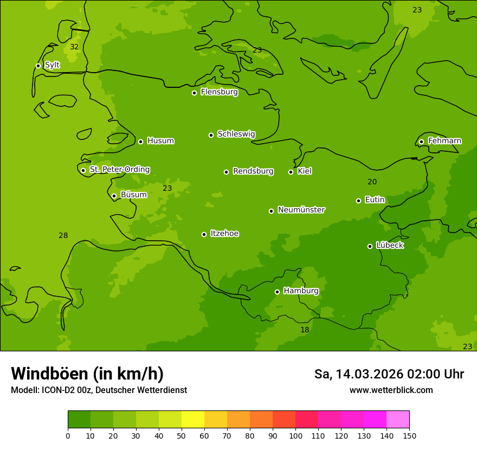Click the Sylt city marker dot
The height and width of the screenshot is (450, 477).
(x=38, y=66)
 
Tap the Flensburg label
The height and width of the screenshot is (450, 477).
(x=219, y=92)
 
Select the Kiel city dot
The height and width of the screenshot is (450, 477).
(x=291, y=172)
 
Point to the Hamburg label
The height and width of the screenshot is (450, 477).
(x=301, y=291)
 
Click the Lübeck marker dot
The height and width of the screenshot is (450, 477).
(x=370, y=246)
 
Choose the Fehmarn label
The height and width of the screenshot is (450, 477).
(x=444, y=141)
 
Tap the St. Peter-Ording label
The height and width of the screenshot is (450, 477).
(x=120, y=170)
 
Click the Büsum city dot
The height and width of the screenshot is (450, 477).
(x=114, y=196)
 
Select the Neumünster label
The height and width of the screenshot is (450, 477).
(x=301, y=210)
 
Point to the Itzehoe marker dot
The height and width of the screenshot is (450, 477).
(x=204, y=234)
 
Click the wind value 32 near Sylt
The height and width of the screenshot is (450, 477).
(x=74, y=47)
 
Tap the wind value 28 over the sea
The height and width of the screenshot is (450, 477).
(x=63, y=235)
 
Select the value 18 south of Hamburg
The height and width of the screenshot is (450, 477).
(x=305, y=330)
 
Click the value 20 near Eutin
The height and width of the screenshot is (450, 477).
(x=372, y=182)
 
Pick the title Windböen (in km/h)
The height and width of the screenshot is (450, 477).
(x=87, y=374)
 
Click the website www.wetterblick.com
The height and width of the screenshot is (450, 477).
(x=391, y=390)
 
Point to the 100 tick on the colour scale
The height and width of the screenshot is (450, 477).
(x=295, y=435)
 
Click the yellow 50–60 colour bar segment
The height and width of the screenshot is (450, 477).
(x=193, y=420)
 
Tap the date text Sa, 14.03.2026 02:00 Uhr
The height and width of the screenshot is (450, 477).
(x=389, y=374)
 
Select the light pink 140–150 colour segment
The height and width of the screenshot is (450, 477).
(x=398, y=420)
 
